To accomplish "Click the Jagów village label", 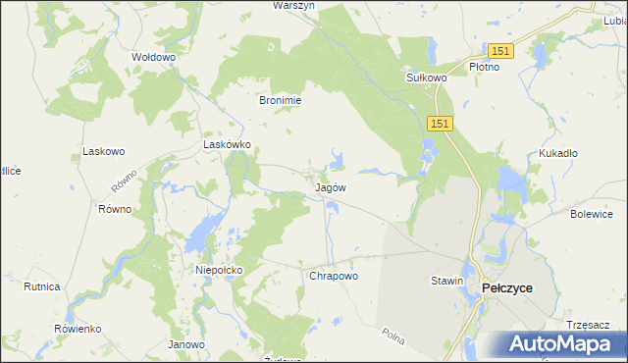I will coord(330,186).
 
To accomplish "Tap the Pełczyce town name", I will coord(507,287).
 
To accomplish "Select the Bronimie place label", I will coord(280,100).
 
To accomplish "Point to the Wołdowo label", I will coord(153,57).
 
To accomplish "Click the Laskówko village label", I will coord(228,144).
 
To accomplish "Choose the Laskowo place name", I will coord(104,152).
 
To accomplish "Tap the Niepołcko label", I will coord(219,269).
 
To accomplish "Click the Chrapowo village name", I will coord(334,277).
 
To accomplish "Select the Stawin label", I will coord(446,282).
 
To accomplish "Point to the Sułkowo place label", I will coord(427,77).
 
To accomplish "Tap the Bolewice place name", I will coord(592,214).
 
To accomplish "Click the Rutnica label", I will coord(42,286).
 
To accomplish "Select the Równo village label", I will coord(115,210).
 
